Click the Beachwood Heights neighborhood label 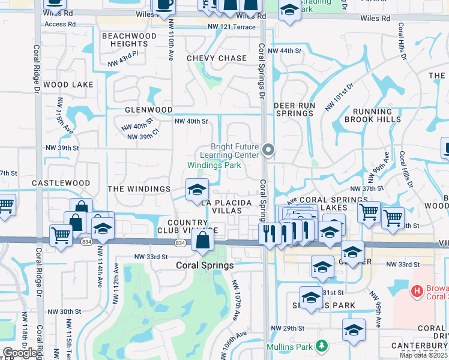coord(129,40)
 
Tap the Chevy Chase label coord(217,58)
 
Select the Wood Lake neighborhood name coord(68,85)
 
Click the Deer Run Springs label coord(294,109)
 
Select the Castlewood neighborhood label coord(61,183)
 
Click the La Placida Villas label coord(226,207)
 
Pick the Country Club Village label coord(183,227)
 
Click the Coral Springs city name coord(203,265)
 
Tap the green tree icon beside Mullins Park coord(322,346)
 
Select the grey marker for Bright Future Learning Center coord(268,150)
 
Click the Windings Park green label coord(214,165)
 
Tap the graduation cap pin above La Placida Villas coord(197,190)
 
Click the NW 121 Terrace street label coord(232,27)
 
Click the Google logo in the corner coord(20,353)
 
